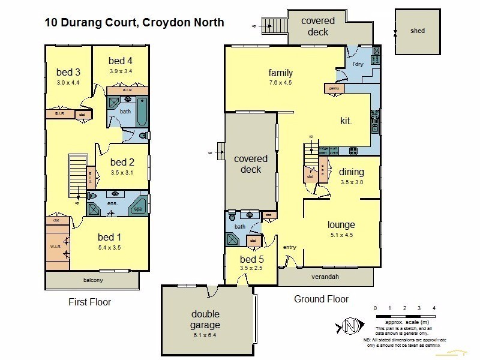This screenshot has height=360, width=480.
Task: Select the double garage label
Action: pyautogui.click(x=206, y=319)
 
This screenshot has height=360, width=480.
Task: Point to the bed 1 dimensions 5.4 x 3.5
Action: pyautogui.click(x=109, y=246)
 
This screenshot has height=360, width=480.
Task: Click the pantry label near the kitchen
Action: pyautogui.click(x=334, y=88)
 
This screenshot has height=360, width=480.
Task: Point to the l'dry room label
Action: pyautogui.click(x=358, y=64)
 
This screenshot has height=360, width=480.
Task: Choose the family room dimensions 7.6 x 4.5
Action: pyautogui.click(x=280, y=83)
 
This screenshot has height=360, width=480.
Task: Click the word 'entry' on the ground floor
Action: pyautogui.click(x=290, y=247)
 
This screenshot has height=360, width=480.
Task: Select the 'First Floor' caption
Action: pyautogui.click(x=90, y=302)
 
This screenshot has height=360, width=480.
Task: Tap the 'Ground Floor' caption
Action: pyautogui.click(x=321, y=299)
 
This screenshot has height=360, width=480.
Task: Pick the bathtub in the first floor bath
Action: pyautogui.click(x=142, y=112)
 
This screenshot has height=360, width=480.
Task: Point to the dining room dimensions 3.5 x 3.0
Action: pyautogui.click(x=352, y=182)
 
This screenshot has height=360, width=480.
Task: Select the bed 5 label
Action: pyautogui.click(x=251, y=259)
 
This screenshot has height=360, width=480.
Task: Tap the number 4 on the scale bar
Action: pyautogui.click(x=434, y=308)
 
